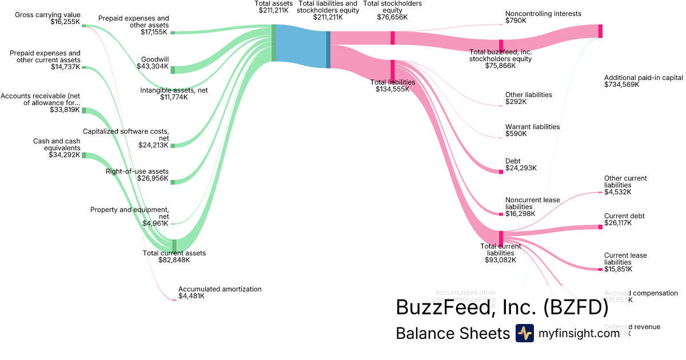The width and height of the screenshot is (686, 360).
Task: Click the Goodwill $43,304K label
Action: click(153, 63)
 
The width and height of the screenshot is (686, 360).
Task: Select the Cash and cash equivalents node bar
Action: click(83, 155)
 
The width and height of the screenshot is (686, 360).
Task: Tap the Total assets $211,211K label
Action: click(274, 7)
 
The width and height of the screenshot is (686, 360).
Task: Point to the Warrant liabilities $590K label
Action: click(532, 130)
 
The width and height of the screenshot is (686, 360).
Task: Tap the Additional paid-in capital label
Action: click(643, 81)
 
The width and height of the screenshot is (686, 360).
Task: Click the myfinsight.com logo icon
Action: click(524, 333)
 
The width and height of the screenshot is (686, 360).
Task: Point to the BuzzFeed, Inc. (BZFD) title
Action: click(502, 307)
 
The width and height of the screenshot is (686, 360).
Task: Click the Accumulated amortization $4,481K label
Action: click(220, 293)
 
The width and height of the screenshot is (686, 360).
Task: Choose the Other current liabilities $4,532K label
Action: click(625, 185)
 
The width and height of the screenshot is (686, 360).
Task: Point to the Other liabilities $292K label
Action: click(528, 98)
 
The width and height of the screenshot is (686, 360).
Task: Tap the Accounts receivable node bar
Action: click(83, 110)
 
